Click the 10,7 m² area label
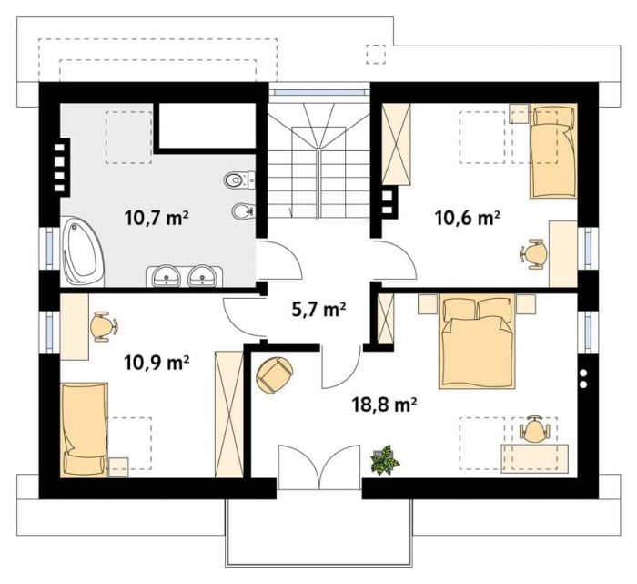tap(157, 218)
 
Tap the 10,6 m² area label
tap(467, 218)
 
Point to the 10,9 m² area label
tap(157, 362)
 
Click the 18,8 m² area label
tap(384, 405)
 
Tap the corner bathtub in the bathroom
tap(83, 251)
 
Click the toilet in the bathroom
tap(239, 179)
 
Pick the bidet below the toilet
tap(243, 210)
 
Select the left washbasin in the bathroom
tap(167, 277)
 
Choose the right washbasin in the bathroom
tap(203, 277)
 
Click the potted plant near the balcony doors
tap(385, 460)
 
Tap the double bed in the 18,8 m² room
tap(478, 342)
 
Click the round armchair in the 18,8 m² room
tap(274, 375)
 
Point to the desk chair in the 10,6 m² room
tap(534, 254)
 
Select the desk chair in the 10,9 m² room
tap(103, 326)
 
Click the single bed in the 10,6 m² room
tap(553, 150)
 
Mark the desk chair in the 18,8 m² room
tap(535, 428)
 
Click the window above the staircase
tap(318, 92)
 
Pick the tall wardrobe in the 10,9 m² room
tap(228, 414)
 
